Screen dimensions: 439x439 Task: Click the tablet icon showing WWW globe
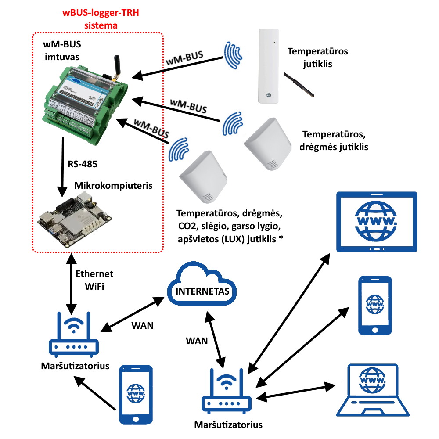[x=376, y=222]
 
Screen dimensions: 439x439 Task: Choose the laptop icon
[x=378, y=391]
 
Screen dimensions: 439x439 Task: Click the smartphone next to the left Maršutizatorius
[x=136, y=393]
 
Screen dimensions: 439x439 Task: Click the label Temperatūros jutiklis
[x=317, y=58]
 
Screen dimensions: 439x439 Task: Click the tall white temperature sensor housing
[x=269, y=66]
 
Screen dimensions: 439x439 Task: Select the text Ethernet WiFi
[x=94, y=280]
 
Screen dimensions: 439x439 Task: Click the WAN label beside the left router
[x=142, y=326]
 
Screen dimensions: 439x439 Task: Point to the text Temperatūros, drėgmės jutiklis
[x=334, y=140]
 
